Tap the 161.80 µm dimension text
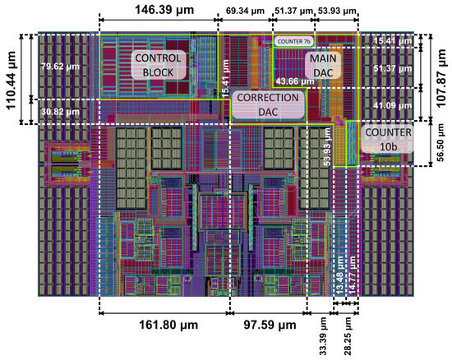pos(162,325)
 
